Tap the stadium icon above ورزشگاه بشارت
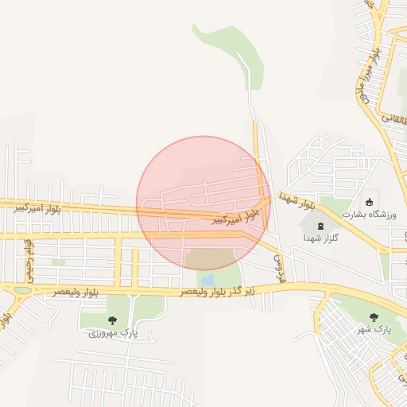(369, 201)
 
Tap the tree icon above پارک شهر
(374, 316)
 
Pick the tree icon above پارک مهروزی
(112, 320)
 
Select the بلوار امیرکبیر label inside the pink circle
(237, 216)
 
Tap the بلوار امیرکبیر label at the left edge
(39, 208)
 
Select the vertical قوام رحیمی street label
(29, 254)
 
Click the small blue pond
(207, 281)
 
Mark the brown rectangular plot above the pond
(210, 258)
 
